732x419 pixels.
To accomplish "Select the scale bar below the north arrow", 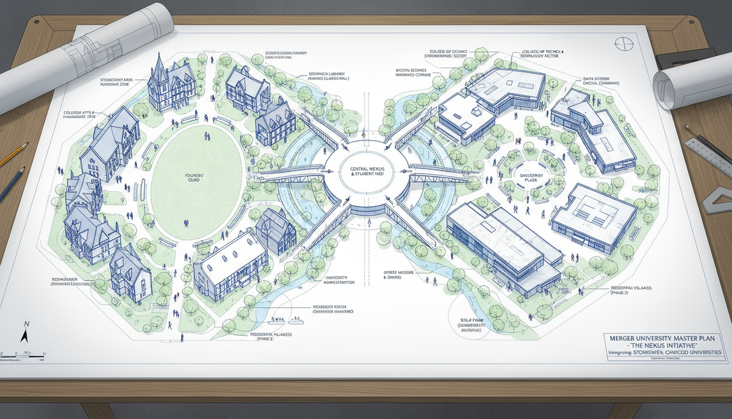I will tap(24, 354).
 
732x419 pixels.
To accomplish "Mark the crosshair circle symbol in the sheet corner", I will tap(621, 45).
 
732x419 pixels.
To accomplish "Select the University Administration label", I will tap(337, 282).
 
